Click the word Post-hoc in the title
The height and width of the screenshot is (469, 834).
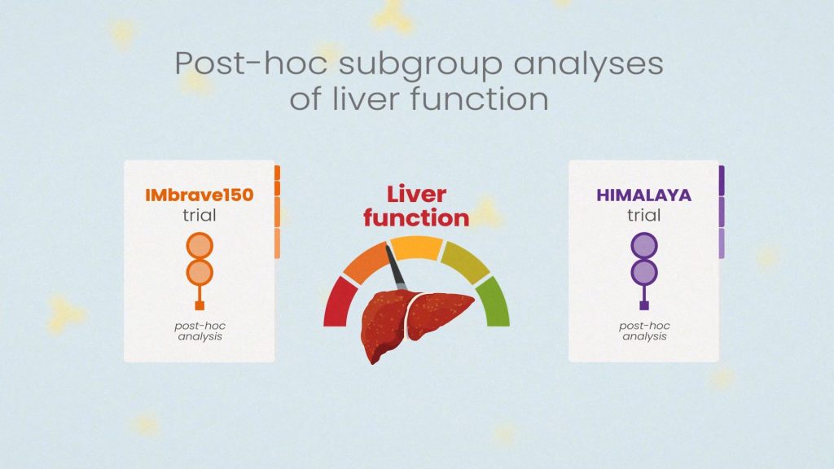click(x=251, y=63)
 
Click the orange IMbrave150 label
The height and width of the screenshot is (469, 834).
click(x=200, y=195)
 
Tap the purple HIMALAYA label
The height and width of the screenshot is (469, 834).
click(x=643, y=195)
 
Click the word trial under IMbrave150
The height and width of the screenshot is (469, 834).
click(x=200, y=215)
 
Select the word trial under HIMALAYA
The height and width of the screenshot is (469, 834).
click(x=643, y=215)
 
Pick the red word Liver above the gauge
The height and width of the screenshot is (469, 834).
click(x=416, y=194)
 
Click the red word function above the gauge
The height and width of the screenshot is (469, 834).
click(x=416, y=218)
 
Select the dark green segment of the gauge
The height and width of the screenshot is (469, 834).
click(x=494, y=301)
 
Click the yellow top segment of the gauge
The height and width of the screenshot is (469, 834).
click(x=416, y=248)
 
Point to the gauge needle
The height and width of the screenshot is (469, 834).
click(x=395, y=268)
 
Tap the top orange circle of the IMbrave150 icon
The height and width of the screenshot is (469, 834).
click(x=200, y=246)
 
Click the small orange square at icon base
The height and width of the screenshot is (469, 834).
click(x=200, y=305)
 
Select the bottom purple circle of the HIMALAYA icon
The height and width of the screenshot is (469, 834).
click(x=643, y=272)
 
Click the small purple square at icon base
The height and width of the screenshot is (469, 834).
click(x=643, y=305)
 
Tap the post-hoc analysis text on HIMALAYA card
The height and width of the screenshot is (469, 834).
click(x=644, y=331)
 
